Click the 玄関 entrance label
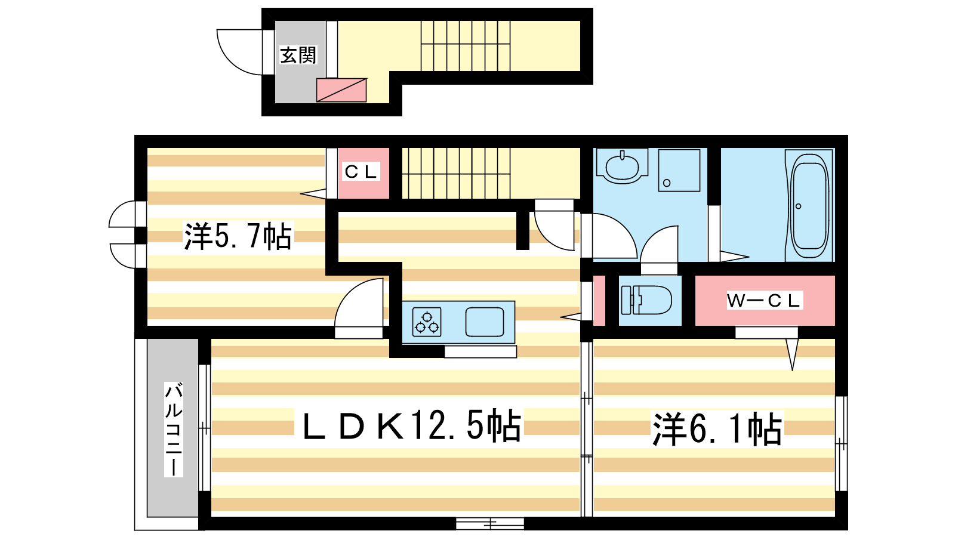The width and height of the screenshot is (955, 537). click(298, 55)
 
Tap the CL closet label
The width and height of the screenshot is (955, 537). click(361, 172)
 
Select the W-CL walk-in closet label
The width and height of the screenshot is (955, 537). click(765, 301)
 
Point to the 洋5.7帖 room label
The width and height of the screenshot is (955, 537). click(238, 236)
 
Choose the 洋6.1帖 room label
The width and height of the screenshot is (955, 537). click(717, 429)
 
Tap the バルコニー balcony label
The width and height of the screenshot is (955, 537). click(174, 429)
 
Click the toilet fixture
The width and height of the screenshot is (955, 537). click(646, 300)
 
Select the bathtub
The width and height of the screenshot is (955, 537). click(809, 205)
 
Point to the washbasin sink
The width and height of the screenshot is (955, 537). click(622, 166)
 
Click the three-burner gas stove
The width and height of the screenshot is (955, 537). click(427, 322)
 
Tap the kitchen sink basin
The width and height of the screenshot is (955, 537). click(484, 322)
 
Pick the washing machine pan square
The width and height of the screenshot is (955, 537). click(679, 170)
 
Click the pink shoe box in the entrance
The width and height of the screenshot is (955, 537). click(341, 90)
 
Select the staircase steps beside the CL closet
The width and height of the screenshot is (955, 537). click(456, 174)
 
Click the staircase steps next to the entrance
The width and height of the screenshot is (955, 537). click(466, 46)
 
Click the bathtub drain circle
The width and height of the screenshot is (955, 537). click(798, 206)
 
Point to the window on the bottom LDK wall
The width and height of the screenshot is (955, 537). click(490, 523)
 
